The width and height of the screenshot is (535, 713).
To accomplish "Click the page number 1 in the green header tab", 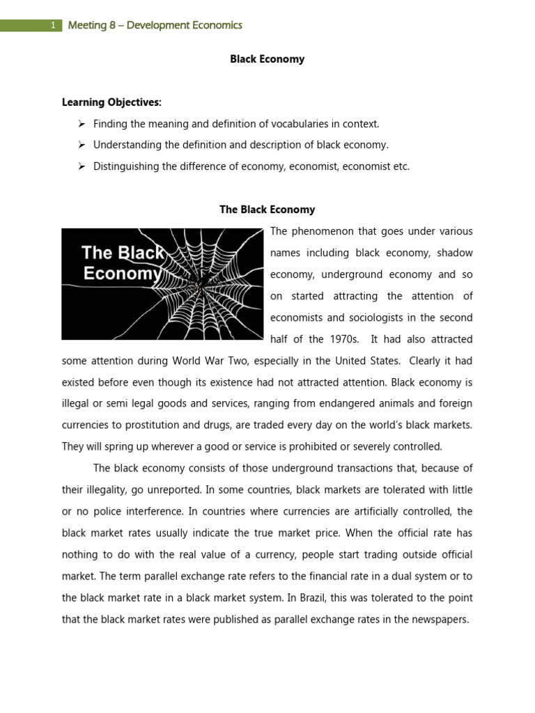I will coord(52,26).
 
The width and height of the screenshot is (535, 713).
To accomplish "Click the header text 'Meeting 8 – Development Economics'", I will coord(155,26).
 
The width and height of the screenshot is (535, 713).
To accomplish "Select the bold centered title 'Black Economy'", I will coord(267,59).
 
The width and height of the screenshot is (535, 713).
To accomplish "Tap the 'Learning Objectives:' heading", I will coord(111,102).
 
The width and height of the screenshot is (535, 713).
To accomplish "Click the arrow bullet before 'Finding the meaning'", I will coord(81,124).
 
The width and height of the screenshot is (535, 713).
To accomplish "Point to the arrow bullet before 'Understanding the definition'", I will coord(81,145).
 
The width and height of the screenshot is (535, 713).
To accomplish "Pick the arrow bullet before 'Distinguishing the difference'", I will coord(81,166).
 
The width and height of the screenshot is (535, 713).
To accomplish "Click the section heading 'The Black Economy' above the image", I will coord(267,210).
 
